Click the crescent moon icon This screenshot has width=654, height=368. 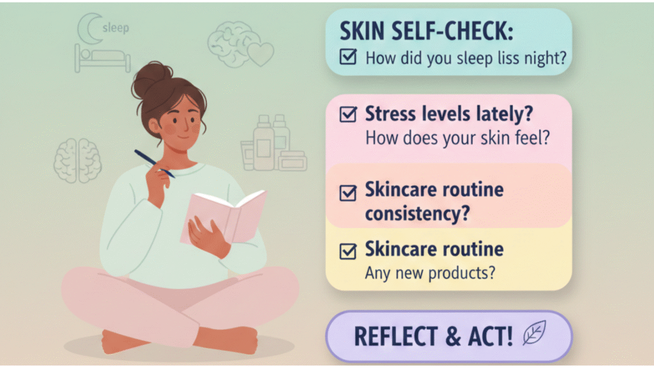tap(86, 28)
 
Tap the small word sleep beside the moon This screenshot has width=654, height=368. tap(116, 28)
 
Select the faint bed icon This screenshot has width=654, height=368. tap(102, 58)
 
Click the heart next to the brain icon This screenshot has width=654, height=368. tap(261, 54)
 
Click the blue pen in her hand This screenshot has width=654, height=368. tap(155, 164)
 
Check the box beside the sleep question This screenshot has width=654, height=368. tap(348, 57)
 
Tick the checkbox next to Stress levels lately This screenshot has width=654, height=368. tap(348, 114)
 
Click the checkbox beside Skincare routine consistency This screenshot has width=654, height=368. tap(348, 193)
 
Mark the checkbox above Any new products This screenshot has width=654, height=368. tap(348, 251)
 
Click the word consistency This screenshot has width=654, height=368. tap(418, 213)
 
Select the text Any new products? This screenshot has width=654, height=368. tap(430, 273)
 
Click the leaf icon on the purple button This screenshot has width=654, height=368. tap(535, 332)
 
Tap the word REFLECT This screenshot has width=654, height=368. tap(395, 336)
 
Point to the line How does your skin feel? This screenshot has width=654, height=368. tap(457, 138)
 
